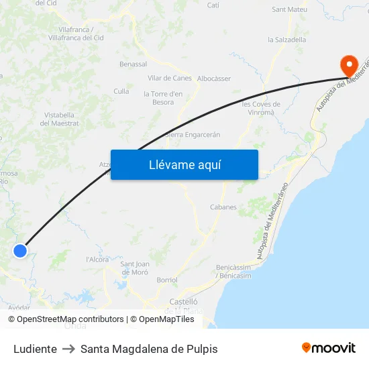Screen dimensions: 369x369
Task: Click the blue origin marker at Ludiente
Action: click(x=20, y=251)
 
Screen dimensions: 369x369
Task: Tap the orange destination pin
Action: click(x=349, y=66)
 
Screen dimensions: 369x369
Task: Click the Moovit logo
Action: click(x=329, y=348)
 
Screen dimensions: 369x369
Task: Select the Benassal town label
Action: click(x=133, y=64)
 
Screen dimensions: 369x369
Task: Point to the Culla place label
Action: click(x=121, y=91)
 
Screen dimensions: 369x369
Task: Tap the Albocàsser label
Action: click(x=214, y=78)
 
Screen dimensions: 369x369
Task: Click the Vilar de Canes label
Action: click(x=170, y=78)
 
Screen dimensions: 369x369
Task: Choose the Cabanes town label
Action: click(x=223, y=207)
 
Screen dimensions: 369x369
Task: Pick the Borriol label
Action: click(x=166, y=280)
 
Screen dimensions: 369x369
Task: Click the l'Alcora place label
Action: click(x=97, y=260)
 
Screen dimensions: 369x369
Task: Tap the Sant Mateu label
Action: click(x=289, y=10)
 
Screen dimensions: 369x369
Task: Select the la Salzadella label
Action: click(x=287, y=40)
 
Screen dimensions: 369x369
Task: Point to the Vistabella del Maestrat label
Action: click(x=61, y=119)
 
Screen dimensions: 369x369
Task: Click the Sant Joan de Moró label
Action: click(x=134, y=268)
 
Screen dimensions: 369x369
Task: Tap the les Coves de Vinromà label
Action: click(x=261, y=108)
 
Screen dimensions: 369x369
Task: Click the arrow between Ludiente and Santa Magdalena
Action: click(x=68, y=349)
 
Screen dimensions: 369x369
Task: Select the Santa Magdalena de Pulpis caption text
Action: click(x=149, y=349)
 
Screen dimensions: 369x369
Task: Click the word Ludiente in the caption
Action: click(x=35, y=349)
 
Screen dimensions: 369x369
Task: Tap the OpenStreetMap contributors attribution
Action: click(x=70, y=319)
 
